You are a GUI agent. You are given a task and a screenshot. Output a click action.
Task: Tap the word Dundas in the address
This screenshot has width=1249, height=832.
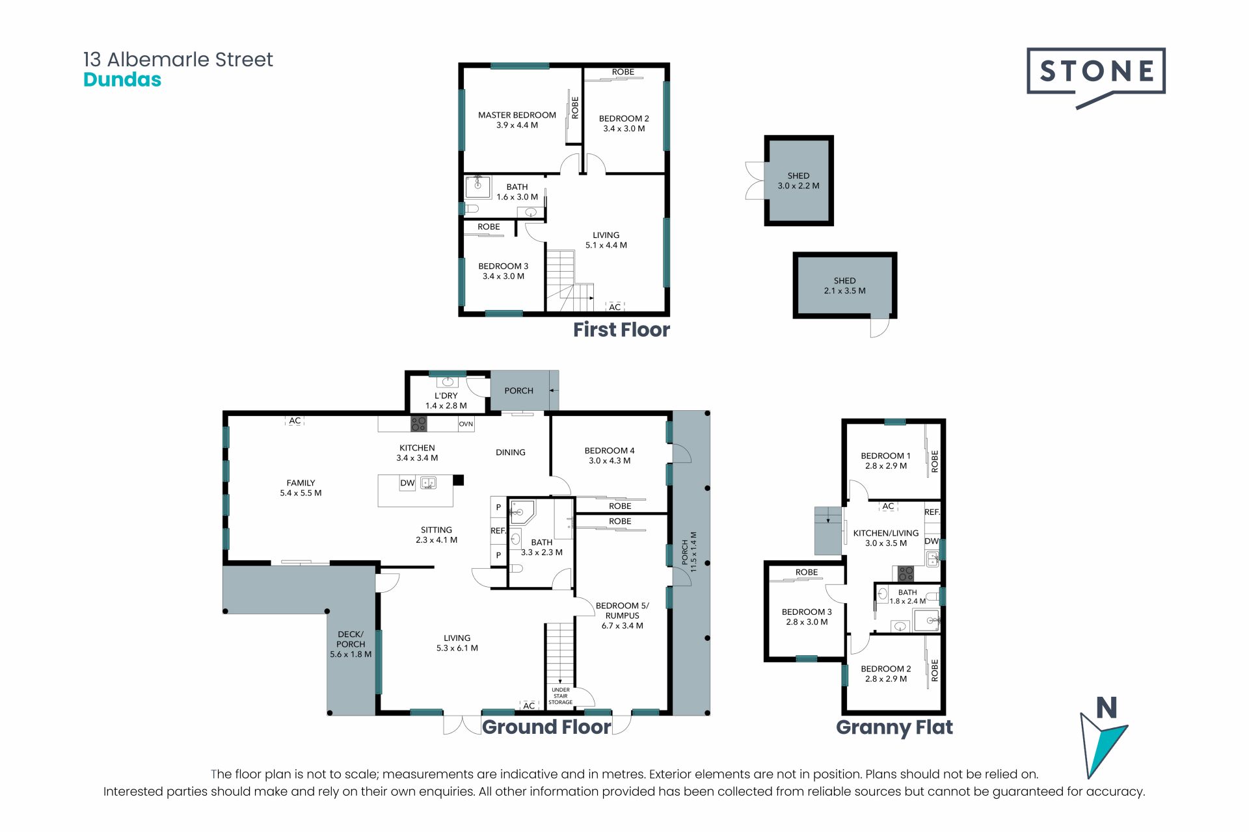click(x=122, y=80)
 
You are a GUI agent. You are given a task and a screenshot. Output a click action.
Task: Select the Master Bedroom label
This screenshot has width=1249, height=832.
click(x=517, y=120)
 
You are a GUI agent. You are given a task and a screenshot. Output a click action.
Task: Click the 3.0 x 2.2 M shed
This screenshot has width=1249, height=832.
click(x=799, y=181)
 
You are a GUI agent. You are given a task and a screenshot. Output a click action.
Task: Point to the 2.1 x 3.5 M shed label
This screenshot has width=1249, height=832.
click(x=845, y=286)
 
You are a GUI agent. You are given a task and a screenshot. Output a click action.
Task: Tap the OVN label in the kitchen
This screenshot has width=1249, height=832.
click(x=466, y=424)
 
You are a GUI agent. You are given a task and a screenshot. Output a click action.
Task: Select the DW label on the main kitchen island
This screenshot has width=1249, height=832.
click(x=407, y=483)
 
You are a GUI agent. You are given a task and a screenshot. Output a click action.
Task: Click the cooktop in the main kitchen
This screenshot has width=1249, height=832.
click(x=418, y=424)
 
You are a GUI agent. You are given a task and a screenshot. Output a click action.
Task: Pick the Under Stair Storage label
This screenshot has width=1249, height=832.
click(x=560, y=696)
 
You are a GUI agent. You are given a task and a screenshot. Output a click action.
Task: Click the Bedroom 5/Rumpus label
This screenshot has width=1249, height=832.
click(x=623, y=616)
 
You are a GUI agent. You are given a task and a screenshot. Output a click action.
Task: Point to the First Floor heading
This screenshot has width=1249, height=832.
click(x=621, y=330)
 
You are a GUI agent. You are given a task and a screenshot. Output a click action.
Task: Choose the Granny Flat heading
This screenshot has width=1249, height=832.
click(x=894, y=727)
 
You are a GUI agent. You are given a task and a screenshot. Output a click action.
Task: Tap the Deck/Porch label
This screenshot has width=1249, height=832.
click(x=351, y=644)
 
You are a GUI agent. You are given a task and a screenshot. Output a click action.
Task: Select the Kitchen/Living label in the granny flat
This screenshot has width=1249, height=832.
click(x=886, y=538)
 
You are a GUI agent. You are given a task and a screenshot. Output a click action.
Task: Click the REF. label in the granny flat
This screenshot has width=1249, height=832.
click(x=932, y=512)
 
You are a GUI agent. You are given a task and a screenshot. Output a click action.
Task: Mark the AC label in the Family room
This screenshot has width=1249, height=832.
click(x=295, y=421)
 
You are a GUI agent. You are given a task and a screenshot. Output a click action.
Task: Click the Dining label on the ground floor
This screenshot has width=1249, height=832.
click(x=511, y=452)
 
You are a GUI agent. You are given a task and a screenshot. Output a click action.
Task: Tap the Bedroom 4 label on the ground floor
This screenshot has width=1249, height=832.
click(x=610, y=456)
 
